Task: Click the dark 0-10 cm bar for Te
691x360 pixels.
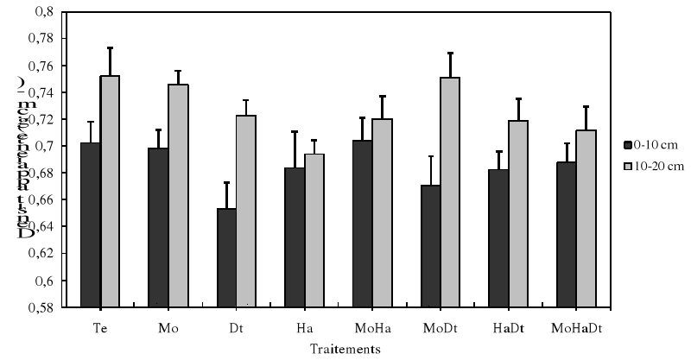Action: (91, 224)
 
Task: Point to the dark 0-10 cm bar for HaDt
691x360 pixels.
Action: (498, 237)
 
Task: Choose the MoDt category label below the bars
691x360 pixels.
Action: (439, 329)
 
